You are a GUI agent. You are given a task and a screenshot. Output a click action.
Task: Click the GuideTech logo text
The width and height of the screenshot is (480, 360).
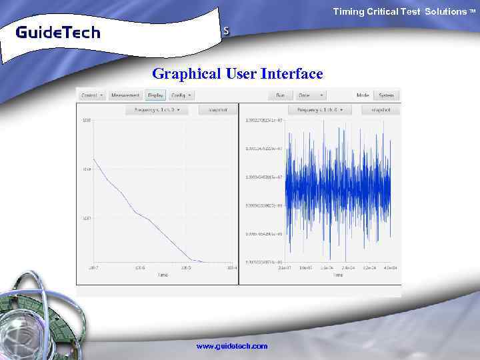point(57,32)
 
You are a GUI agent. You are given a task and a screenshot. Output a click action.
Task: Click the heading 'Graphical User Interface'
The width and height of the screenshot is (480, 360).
point(237,73)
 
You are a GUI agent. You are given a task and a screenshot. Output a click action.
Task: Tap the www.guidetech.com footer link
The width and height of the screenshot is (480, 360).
point(231,346)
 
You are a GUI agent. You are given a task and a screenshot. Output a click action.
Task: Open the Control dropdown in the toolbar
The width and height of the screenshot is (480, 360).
point(92,95)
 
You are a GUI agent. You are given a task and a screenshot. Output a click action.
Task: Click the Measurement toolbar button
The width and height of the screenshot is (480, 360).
point(125,95)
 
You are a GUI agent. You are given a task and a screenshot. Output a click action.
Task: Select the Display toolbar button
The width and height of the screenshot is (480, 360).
point(157,95)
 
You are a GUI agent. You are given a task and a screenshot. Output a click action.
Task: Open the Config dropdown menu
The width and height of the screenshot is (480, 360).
point(181,95)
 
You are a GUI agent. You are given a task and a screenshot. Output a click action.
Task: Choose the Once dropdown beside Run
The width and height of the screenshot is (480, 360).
point(311,95)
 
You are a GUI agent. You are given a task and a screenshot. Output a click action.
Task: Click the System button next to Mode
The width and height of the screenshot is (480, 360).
point(386,95)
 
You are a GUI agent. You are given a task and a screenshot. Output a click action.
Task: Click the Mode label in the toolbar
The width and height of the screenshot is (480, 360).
point(363,95)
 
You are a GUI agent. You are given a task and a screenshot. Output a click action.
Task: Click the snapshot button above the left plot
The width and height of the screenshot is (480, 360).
point(217,109)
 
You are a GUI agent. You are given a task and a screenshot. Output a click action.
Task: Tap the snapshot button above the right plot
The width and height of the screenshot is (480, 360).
point(380,109)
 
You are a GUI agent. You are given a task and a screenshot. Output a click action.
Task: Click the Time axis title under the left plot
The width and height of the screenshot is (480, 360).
point(163,275)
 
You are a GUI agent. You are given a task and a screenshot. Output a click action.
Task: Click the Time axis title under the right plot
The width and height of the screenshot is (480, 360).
point(338,275)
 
